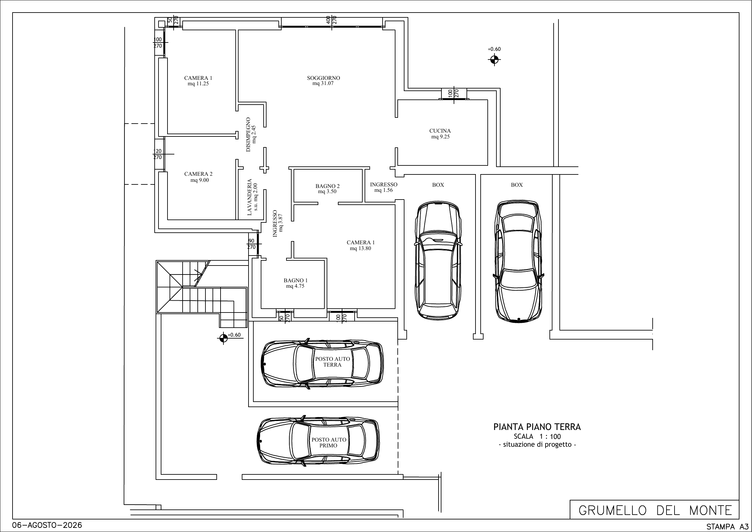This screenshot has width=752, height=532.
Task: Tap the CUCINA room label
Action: (x=440, y=131)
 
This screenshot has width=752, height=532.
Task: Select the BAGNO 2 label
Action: (x=327, y=186)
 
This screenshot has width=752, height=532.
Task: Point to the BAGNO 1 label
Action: (x=295, y=280)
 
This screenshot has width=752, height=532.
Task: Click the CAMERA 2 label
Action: (x=198, y=174)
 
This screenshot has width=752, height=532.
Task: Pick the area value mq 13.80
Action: (x=360, y=248)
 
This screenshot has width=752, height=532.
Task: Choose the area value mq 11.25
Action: (x=198, y=84)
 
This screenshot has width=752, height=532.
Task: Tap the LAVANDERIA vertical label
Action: (x=249, y=197)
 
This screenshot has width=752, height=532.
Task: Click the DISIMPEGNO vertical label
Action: (x=248, y=135)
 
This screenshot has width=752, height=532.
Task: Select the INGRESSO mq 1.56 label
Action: (x=384, y=187)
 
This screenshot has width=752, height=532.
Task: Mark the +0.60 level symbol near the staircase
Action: (x=223, y=338)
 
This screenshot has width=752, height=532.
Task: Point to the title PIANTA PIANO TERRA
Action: (x=537, y=427)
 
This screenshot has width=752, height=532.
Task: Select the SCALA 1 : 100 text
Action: (x=537, y=437)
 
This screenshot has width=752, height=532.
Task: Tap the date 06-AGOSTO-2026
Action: (x=47, y=525)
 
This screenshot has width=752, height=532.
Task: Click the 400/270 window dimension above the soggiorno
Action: (x=331, y=20)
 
